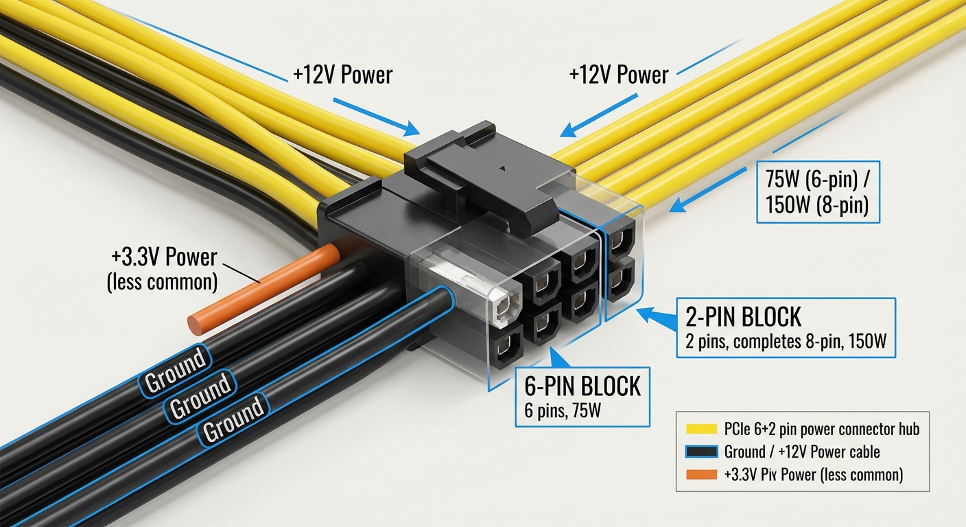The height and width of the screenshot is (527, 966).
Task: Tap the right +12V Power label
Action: tap(618, 75)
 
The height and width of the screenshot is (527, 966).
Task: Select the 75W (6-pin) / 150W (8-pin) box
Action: tap(817, 193)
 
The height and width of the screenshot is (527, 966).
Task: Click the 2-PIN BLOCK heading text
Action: tap(743, 317)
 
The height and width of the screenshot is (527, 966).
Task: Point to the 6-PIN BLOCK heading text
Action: tap(582, 386)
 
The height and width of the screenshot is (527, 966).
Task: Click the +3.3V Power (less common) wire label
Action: tap(162, 269)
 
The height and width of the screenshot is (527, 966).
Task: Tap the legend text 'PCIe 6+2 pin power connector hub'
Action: tap(821, 430)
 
